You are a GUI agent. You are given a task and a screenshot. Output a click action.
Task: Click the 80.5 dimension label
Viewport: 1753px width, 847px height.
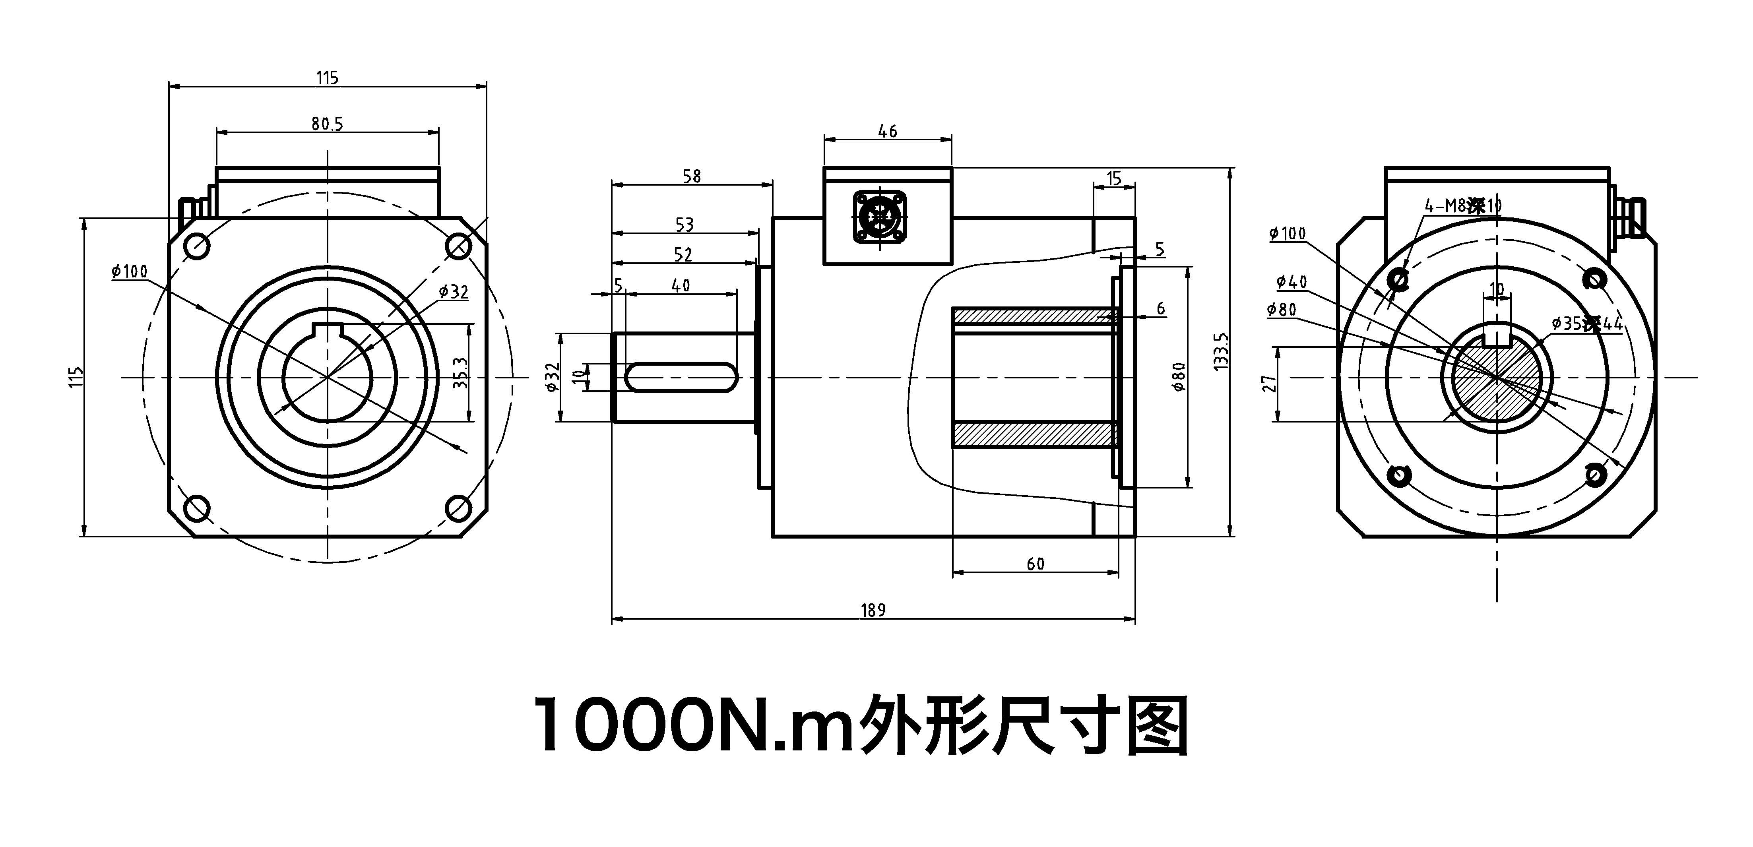[x=327, y=124]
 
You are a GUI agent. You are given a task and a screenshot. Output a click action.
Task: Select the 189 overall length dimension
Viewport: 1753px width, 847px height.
[x=873, y=610]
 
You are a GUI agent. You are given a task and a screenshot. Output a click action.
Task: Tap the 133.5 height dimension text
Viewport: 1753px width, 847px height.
[x=1220, y=351]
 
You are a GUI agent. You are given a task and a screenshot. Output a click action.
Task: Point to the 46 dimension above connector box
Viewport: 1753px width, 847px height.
[x=887, y=131]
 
